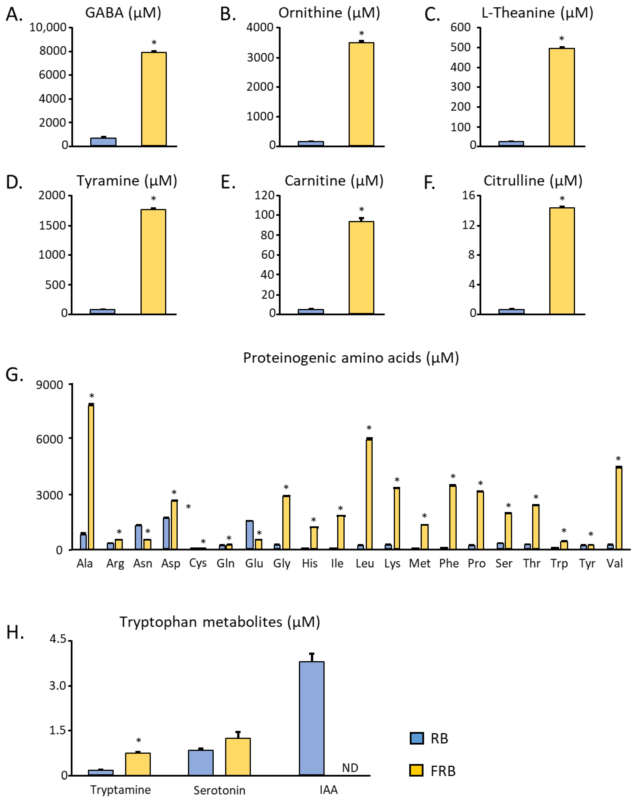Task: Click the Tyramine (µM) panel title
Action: pos(127,181)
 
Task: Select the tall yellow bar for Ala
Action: pos(91,477)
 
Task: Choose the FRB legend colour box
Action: pos(416,770)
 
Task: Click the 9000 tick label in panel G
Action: pos(49,385)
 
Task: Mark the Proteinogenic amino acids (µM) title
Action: pos(351,358)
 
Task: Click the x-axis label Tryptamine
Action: pos(121,790)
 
